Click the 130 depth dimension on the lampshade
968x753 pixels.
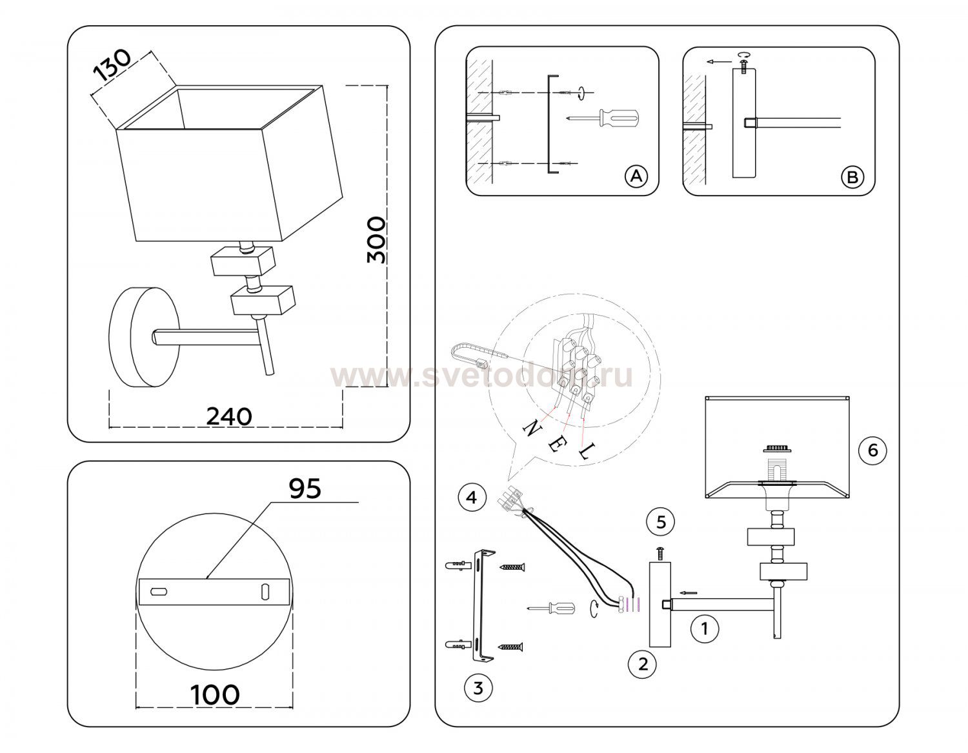(x=113, y=65)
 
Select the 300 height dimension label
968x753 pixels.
(x=376, y=240)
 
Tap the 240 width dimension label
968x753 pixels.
(x=229, y=416)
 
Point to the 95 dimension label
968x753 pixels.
(x=305, y=488)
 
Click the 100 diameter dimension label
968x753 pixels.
(x=215, y=694)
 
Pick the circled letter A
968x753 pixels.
(x=636, y=176)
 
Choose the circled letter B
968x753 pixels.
(x=852, y=177)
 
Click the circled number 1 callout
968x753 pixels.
(x=704, y=628)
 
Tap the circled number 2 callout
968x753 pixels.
(x=643, y=664)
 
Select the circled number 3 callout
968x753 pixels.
(x=478, y=688)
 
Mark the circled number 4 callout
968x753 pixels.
(x=472, y=497)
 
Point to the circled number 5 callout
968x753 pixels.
(x=661, y=521)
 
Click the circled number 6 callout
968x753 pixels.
(x=872, y=450)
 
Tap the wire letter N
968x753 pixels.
(x=532, y=428)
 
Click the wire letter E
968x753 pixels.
(x=555, y=444)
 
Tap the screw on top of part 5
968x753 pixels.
(x=660, y=554)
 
